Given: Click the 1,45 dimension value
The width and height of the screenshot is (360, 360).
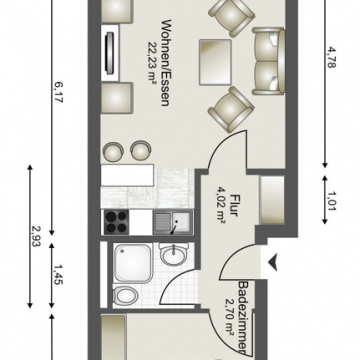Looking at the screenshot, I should tap(58, 275).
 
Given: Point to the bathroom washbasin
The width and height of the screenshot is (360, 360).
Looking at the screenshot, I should tap(173, 257).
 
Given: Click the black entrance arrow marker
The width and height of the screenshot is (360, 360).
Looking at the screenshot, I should tap(270, 263).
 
